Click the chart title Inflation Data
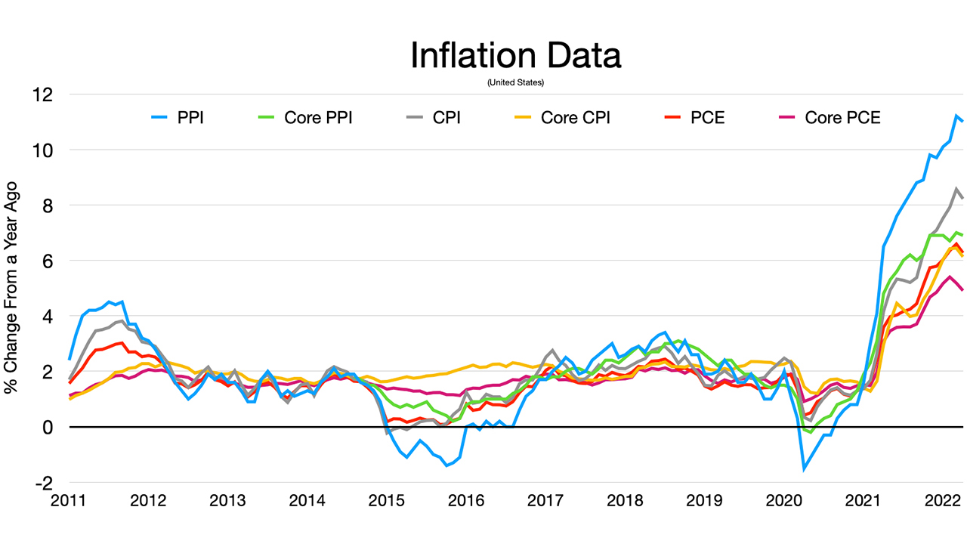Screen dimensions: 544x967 (515, 56)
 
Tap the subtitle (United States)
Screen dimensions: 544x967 (515, 82)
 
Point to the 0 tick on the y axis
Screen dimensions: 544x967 (48, 428)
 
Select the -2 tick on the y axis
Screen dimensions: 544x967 (45, 483)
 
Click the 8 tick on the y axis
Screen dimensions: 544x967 (48, 206)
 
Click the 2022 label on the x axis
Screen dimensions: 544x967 (943, 502)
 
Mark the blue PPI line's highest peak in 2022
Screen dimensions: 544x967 (956, 116)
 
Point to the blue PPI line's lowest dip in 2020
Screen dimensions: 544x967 (804, 469)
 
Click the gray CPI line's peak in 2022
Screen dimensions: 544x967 (956, 189)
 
